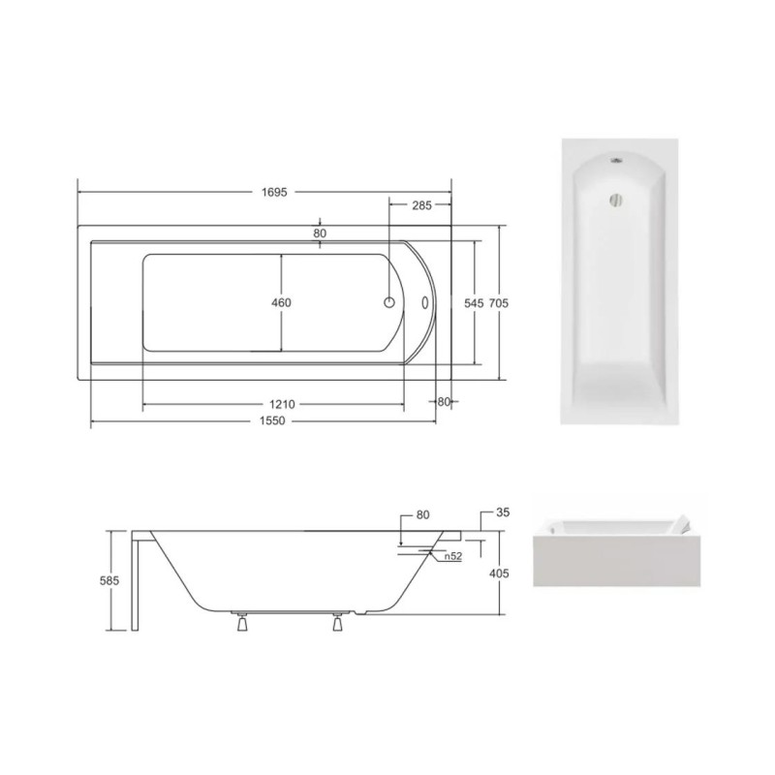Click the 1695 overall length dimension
click(x=274, y=192)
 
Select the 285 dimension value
click(x=421, y=205)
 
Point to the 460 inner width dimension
click(x=281, y=302)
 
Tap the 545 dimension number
click(x=474, y=303)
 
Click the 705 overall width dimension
click(x=498, y=303)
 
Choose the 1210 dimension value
click(x=282, y=404)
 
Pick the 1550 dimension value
click(x=272, y=420)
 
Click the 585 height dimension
click(x=109, y=579)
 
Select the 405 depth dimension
click(x=499, y=573)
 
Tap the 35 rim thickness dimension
click(x=503, y=512)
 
